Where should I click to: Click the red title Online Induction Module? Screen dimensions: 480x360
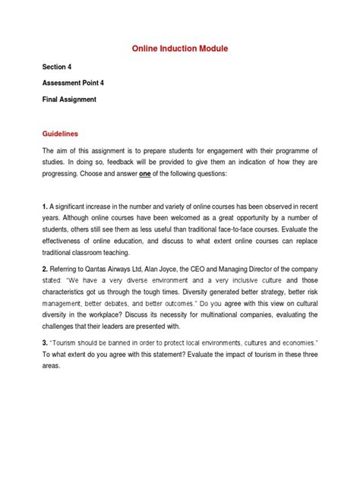[181, 49]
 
